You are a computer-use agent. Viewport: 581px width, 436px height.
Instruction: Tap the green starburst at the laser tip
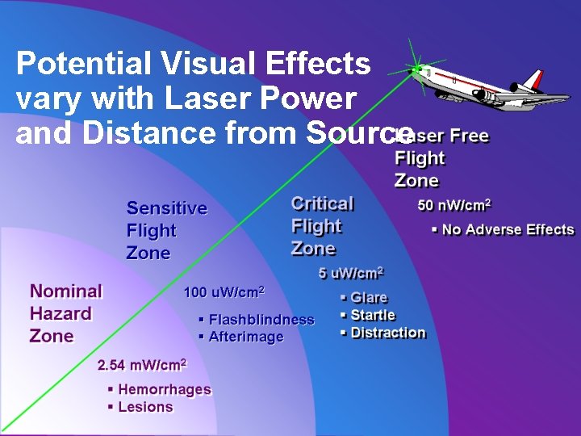pyautogui.click(x=416, y=70)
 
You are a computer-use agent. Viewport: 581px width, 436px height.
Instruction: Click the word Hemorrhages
pyautogui.click(x=165, y=389)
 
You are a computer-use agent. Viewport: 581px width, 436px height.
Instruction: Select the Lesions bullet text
pyautogui.click(x=145, y=407)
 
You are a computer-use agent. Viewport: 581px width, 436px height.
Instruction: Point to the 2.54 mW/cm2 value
pyautogui.click(x=142, y=365)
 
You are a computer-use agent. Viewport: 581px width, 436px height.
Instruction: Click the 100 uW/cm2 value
pyautogui.click(x=224, y=291)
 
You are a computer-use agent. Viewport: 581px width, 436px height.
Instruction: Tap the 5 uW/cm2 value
pyautogui.click(x=350, y=273)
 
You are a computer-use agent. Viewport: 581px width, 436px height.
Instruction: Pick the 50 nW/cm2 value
pyautogui.click(x=454, y=204)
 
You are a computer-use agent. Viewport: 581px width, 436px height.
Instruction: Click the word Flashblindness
pyautogui.click(x=261, y=320)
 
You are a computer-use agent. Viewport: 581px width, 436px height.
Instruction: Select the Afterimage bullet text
pyautogui.click(x=246, y=337)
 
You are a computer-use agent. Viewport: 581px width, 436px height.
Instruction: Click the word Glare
pyautogui.click(x=369, y=298)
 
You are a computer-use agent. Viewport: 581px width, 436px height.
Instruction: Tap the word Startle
pyautogui.click(x=373, y=315)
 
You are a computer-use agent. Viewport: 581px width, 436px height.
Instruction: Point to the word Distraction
pyautogui.click(x=388, y=333)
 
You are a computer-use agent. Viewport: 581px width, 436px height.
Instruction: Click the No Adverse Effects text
pyautogui.click(x=508, y=230)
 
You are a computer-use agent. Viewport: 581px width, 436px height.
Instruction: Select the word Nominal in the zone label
pyautogui.click(x=66, y=291)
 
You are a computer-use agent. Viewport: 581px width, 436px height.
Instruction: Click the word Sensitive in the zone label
pyautogui.click(x=167, y=208)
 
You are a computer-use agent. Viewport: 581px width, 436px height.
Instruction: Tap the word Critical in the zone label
pyautogui.click(x=323, y=203)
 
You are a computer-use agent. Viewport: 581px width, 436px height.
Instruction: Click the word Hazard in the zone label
pyautogui.click(x=61, y=313)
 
